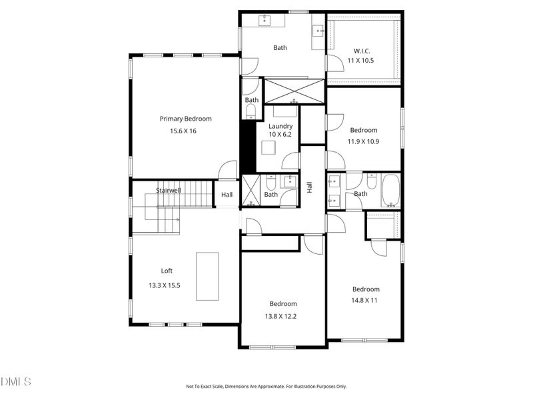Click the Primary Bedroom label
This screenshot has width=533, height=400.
pos(186,119)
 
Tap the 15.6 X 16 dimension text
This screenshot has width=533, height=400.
pos(183,131)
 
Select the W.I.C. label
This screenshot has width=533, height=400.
pos(362,51)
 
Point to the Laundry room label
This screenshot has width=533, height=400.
pos(280,126)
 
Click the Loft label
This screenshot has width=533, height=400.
pos(167,271)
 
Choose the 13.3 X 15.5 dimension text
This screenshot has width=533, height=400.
pos(165,285)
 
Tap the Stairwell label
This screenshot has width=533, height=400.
pos(169,191)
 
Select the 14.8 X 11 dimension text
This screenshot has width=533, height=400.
pos(364,301)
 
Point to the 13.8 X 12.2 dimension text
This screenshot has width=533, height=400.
pos(280,316)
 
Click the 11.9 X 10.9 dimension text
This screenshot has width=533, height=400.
pos(363,141)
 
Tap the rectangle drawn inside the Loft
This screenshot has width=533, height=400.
pos(207,276)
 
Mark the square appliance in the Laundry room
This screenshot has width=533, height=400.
pos(268,147)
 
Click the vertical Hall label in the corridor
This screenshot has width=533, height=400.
pos(309,187)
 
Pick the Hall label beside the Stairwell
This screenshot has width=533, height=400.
pos(227,195)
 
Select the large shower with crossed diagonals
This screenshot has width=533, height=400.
pos(294,91)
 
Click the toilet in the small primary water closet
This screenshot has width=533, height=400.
pos(251,111)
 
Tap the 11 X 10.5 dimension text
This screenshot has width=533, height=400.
pos(360,61)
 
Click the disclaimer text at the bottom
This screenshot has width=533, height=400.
pos(266,387)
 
